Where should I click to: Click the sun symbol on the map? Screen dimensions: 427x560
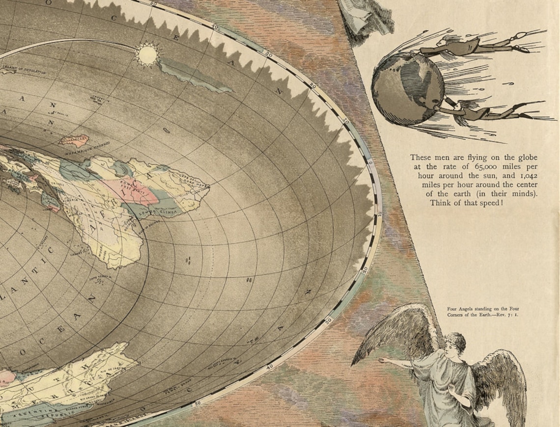pyautogui.click(x=147, y=54)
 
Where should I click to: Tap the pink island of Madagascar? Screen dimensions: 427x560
pyautogui.click(x=74, y=141)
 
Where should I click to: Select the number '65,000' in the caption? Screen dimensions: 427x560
pyautogui.click(x=483, y=166)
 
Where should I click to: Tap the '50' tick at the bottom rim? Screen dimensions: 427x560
pyautogui.click(x=198, y=403)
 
